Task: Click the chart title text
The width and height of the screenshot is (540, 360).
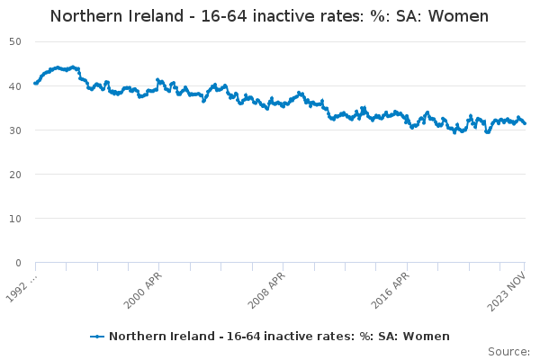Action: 269,16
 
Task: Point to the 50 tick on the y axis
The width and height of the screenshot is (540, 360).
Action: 15,41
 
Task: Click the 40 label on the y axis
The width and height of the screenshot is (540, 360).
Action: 15,86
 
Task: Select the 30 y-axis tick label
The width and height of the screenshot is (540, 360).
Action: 15,130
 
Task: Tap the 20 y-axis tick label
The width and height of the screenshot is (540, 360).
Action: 15,175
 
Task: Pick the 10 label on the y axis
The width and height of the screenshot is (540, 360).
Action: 15,219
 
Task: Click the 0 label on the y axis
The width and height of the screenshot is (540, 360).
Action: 18,263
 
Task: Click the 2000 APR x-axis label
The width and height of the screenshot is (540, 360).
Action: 142,291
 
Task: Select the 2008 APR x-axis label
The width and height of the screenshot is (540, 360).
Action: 266,291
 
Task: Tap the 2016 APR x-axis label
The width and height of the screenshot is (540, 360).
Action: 391,291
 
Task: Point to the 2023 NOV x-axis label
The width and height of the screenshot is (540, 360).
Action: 507,292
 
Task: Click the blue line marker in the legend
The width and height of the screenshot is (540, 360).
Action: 97,337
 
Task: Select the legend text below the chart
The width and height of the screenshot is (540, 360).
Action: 279,336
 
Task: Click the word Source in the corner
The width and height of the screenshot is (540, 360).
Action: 508,352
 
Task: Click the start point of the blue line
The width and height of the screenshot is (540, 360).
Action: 35,83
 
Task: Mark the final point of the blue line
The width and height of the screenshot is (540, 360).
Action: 525,123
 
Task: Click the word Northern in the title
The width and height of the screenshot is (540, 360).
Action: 86,16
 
